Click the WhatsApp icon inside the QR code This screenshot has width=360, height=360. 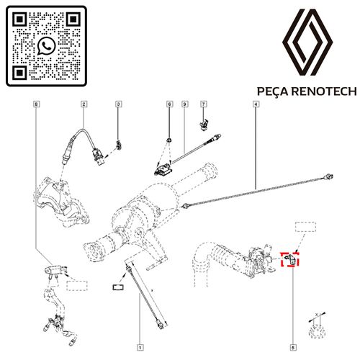click(46, 45)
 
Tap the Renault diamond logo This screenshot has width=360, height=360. click(307, 42)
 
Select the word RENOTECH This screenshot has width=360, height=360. click(324, 91)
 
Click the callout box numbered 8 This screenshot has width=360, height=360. click(36, 104)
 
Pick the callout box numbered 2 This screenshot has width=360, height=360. click(84, 104)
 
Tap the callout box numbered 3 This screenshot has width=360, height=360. click(118, 104)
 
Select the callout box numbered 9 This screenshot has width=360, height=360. click(184, 104)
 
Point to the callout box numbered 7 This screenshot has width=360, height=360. click(204, 104)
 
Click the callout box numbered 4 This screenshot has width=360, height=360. click(256, 104)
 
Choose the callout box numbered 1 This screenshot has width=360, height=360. click(140, 347)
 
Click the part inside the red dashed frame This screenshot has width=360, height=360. click(290, 259)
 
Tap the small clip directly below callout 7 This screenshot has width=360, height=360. click(204, 125)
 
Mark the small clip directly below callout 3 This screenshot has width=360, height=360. click(119, 145)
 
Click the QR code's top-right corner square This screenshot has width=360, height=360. click(73, 19)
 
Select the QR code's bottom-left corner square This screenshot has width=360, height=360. click(19, 73)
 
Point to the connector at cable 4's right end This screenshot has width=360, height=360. click(328, 177)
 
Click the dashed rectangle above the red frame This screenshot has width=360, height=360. click(305, 227)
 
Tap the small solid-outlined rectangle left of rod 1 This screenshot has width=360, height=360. click(118, 287)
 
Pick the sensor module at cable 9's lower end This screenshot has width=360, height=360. click(163, 170)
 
